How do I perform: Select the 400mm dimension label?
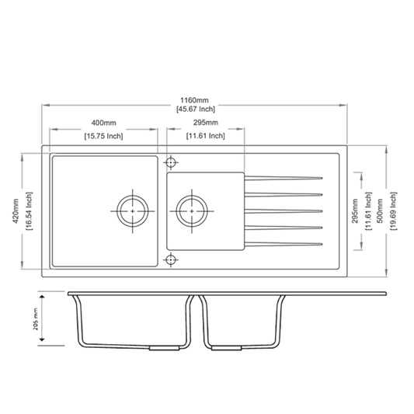point(103,124)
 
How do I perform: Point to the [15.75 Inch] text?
point(103,136)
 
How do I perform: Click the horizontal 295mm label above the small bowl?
point(205,124)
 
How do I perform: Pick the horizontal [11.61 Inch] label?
point(205,136)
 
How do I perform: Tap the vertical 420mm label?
point(16,210)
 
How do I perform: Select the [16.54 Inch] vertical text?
point(29,210)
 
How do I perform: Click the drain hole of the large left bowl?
point(133,210)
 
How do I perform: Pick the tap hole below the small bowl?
point(171,260)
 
